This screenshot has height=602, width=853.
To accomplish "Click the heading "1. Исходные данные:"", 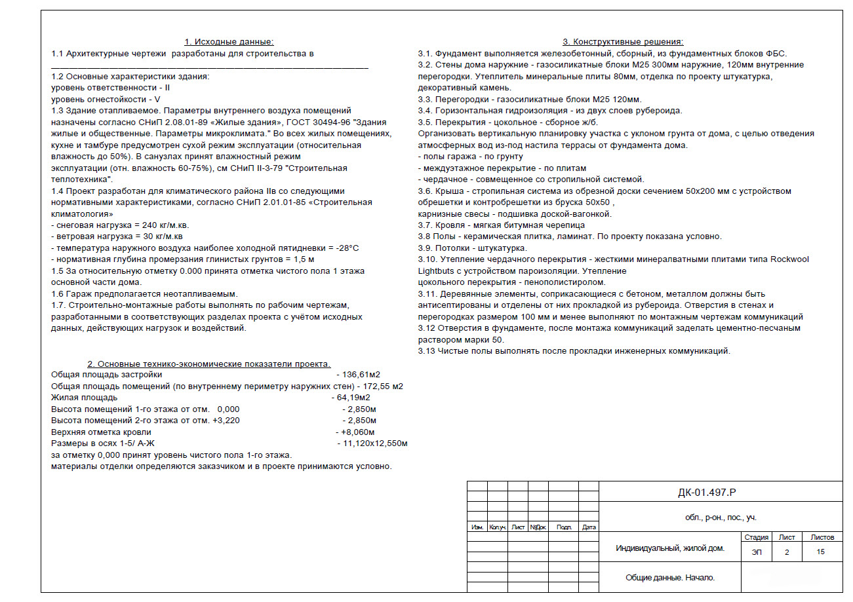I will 229,42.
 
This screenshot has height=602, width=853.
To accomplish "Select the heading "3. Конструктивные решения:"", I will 623,42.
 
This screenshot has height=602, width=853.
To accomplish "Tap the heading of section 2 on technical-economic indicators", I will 209,364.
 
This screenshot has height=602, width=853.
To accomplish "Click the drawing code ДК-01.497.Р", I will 711,493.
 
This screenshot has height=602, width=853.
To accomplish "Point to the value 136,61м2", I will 361,374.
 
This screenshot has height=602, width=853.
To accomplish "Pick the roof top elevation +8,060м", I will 357,432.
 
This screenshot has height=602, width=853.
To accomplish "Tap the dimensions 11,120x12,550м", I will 375,443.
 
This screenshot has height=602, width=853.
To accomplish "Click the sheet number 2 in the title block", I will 786,552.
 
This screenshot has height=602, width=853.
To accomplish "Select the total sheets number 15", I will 821,552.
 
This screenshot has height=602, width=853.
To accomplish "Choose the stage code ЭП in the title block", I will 757,552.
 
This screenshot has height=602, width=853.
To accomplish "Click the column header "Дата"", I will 589,527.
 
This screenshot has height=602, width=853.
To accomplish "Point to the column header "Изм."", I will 477,527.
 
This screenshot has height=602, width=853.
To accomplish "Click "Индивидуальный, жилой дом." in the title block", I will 670,548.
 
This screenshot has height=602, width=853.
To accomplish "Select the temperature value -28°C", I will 347,248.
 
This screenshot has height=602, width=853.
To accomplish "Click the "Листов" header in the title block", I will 822,537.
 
